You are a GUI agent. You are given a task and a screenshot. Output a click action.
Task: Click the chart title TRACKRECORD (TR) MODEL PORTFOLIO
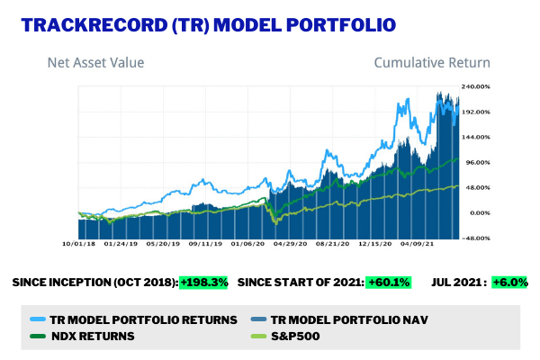tap(207, 23)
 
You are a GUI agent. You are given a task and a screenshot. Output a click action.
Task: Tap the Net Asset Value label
tap(95, 63)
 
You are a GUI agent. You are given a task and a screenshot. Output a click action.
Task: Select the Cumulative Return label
tap(432, 63)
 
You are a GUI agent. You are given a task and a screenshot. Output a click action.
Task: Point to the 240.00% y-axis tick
tap(476, 86)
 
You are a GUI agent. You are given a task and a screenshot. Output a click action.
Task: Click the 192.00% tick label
tap(476, 112)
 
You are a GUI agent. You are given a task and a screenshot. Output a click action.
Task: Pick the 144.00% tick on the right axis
tap(476, 137)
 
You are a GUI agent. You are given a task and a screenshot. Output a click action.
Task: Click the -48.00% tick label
tap(476, 238)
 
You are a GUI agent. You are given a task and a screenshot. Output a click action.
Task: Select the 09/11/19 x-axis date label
tap(206, 243)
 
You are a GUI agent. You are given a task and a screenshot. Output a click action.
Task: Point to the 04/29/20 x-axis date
tap(292, 243)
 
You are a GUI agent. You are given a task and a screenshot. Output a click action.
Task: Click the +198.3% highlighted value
tap(203, 283)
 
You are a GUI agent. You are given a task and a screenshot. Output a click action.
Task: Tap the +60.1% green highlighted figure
tap(389, 283)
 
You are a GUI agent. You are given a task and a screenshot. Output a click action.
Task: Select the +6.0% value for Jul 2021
tap(508, 283)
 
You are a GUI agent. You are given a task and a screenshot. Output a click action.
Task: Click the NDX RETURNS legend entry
tap(85, 336)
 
